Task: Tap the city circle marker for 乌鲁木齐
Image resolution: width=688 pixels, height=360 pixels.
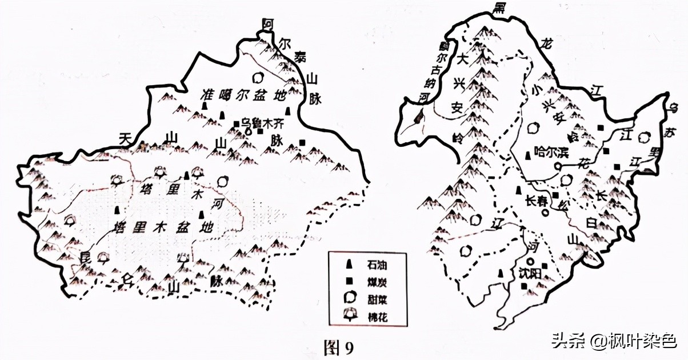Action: click(x=248, y=130)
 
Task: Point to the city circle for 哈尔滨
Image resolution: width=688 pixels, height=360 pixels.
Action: click(x=558, y=167)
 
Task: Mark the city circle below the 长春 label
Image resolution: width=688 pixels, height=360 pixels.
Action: click(x=545, y=213)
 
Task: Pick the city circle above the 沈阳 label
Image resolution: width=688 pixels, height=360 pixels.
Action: click(x=531, y=262)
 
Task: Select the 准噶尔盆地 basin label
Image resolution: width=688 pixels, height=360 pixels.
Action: click(x=243, y=95)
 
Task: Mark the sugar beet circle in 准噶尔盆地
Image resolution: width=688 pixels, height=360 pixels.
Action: click(x=257, y=77)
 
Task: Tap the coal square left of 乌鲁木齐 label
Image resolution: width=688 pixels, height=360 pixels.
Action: click(x=235, y=123)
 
